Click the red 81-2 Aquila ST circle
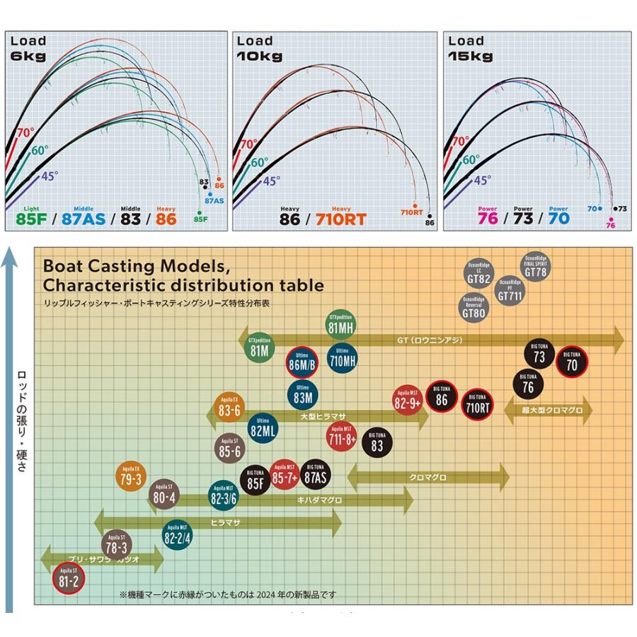[x=70, y=578]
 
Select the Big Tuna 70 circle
[x=572, y=363]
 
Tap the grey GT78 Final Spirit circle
[x=536, y=268]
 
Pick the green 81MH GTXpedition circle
[x=341, y=326]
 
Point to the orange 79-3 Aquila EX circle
[x=131, y=476]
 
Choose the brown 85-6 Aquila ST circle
[x=230, y=447]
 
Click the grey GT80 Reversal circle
[x=474, y=306]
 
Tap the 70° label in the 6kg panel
[x=25, y=132]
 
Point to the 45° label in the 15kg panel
[x=482, y=180]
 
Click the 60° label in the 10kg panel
[x=260, y=162]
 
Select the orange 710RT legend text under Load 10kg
[x=340, y=219]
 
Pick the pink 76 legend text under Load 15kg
[x=488, y=219]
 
